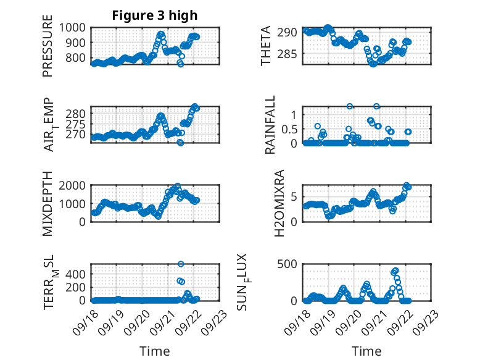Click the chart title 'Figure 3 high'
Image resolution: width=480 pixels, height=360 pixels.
point(155,15)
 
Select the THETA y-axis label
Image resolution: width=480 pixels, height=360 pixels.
point(266,46)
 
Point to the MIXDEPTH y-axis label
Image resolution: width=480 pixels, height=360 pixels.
point(48,204)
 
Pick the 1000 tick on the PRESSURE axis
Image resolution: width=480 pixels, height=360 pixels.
point(73,28)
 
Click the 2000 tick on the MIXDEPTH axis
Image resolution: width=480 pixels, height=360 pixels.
point(73,186)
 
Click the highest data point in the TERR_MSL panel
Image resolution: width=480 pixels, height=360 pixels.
point(181,264)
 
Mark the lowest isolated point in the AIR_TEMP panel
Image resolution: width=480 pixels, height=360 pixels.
point(181,143)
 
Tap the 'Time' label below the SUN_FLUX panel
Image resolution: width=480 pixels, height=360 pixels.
point(366,351)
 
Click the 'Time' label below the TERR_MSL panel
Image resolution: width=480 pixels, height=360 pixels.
point(155,351)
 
